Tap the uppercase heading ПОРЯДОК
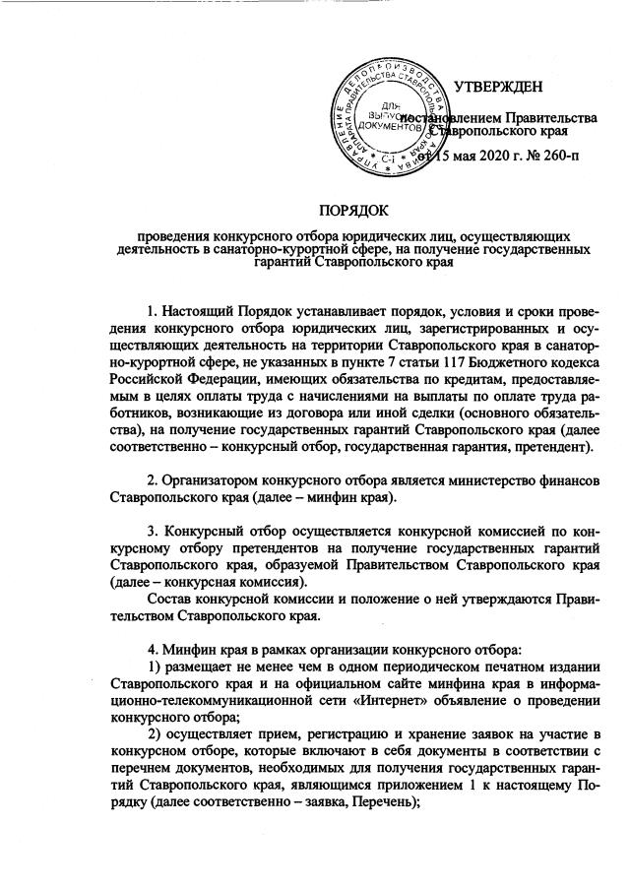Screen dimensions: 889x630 pyautogui.click(x=353, y=210)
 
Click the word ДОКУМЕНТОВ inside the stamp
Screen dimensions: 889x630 pyautogui.click(x=392, y=126)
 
